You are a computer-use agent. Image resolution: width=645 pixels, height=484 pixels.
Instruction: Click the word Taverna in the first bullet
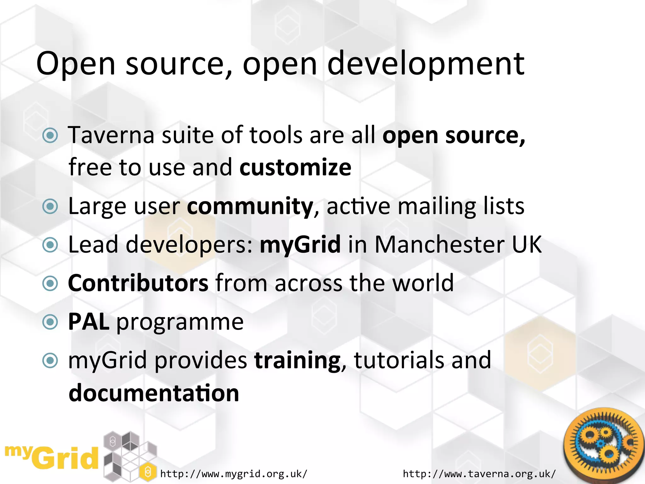111,135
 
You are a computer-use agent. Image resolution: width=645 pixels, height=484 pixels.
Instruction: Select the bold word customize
295,167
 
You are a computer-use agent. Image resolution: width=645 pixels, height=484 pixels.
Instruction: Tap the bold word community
250,206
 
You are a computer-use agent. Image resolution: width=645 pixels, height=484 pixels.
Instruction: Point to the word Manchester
439,245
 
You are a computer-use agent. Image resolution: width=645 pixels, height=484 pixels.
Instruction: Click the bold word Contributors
138,283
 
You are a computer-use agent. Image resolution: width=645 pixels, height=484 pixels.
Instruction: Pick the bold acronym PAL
88,322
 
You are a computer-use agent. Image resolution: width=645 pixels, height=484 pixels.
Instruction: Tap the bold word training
297,360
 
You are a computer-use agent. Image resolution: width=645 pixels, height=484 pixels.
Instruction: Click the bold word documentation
154,393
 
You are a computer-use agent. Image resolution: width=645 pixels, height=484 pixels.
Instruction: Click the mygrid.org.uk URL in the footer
233,474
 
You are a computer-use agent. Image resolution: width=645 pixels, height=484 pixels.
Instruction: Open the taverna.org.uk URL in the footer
479,474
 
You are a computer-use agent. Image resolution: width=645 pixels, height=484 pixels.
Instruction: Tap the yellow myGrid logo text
52,457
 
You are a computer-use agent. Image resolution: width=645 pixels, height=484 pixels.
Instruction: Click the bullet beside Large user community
50,206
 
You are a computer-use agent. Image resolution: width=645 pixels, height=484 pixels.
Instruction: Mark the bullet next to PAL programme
50,322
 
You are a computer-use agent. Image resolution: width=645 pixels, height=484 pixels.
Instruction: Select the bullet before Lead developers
50,245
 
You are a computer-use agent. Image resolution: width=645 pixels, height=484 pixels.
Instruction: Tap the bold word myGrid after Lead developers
300,245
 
